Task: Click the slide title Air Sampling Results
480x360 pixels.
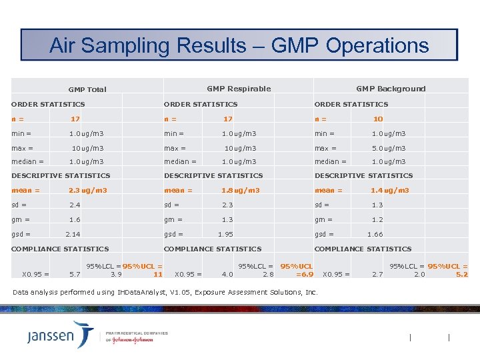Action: [x=239, y=45]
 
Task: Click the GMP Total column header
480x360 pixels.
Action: [x=87, y=89]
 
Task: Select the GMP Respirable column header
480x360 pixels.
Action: [x=239, y=89]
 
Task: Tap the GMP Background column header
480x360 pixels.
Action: [x=391, y=89]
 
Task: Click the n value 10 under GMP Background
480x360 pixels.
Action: [x=378, y=119]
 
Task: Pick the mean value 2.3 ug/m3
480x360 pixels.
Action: [x=88, y=191]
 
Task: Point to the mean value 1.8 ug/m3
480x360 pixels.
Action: [x=241, y=191]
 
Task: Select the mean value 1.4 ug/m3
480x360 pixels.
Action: [x=390, y=191]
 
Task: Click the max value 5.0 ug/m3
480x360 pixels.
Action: [x=389, y=148]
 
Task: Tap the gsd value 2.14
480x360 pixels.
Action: [x=73, y=234]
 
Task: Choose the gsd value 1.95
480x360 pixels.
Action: [x=225, y=234]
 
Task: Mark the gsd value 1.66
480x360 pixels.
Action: [x=375, y=234]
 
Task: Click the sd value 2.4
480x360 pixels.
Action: [x=75, y=205]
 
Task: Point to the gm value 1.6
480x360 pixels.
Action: [x=75, y=219]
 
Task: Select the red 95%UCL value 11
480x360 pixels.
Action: [x=158, y=274]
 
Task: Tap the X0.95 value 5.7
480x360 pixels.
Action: [x=75, y=274]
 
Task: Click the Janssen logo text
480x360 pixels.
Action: [x=51, y=335]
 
